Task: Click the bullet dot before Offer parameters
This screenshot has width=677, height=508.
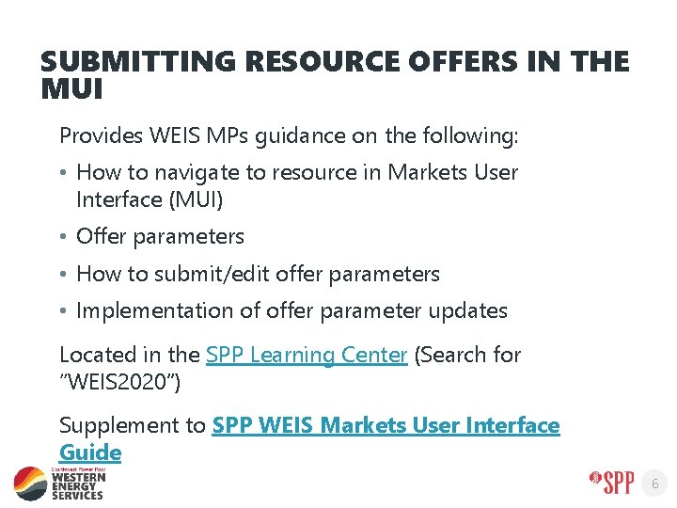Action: pos(63,237)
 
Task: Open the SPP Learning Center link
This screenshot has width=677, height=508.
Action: pos(307,356)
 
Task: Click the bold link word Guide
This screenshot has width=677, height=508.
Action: pos(90,452)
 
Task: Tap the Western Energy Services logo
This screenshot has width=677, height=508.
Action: pos(60,483)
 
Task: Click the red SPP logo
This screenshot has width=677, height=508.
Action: pos(612,483)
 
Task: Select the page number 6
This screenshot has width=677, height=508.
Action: pos(656,484)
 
